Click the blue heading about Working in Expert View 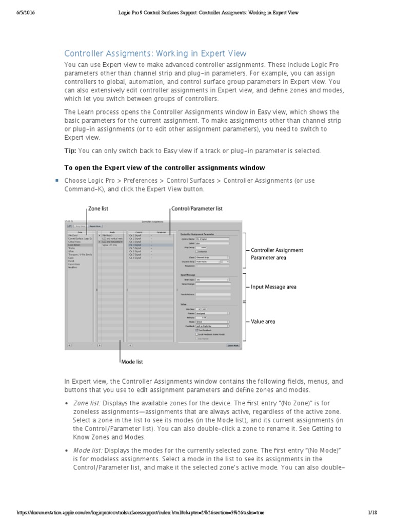[155, 53]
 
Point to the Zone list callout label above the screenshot [98, 209]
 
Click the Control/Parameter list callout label [196, 209]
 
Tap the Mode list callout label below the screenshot [132, 362]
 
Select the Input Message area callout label [273, 287]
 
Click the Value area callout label [263, 322]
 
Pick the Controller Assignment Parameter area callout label [277, 254]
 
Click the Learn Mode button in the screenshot [233, 346]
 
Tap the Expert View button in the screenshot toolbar [95, 226]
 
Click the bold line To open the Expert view [164, 167]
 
